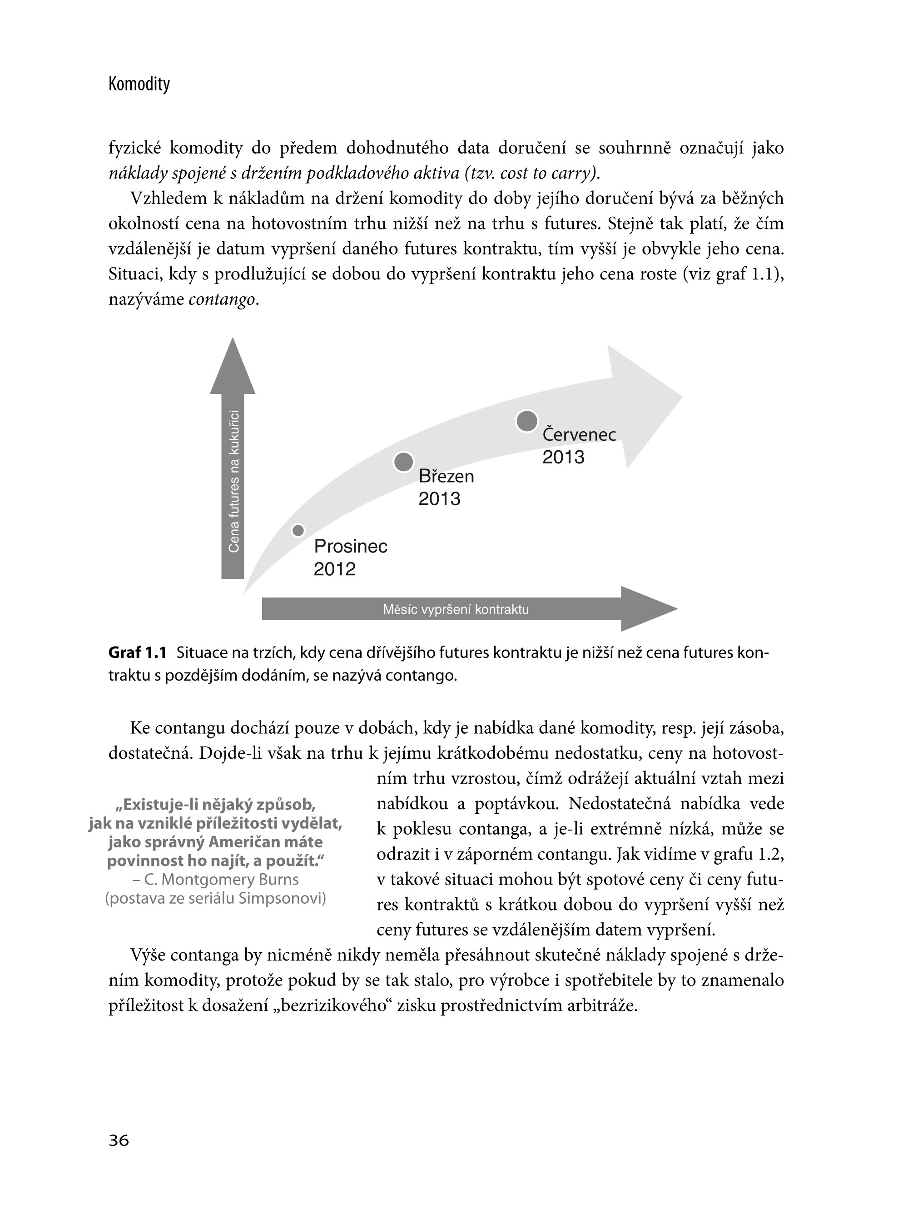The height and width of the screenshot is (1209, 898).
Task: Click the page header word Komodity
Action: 139,84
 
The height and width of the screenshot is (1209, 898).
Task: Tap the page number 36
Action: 119,1140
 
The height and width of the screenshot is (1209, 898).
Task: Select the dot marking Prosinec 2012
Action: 298,530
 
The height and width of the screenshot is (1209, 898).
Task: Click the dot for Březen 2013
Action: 403,462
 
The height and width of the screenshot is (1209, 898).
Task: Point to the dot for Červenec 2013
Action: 526,421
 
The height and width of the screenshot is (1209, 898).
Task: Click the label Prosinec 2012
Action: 350,557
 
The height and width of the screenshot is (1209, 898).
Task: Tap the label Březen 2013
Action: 446,487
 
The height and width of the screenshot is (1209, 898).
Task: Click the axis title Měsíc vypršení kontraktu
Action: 456,609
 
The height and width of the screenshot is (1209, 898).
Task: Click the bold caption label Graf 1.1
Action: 138,652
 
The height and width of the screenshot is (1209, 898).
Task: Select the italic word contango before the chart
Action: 222,299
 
